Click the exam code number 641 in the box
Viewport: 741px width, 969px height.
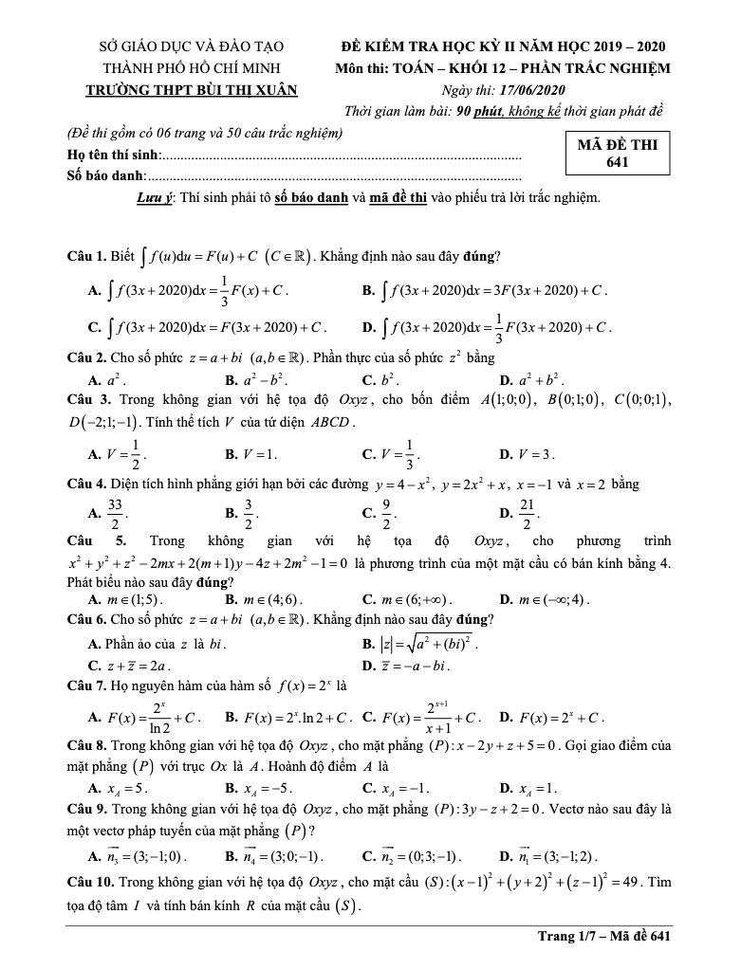(x=617, y=162)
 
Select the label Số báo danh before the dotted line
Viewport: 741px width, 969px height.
(x=104, y=175)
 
